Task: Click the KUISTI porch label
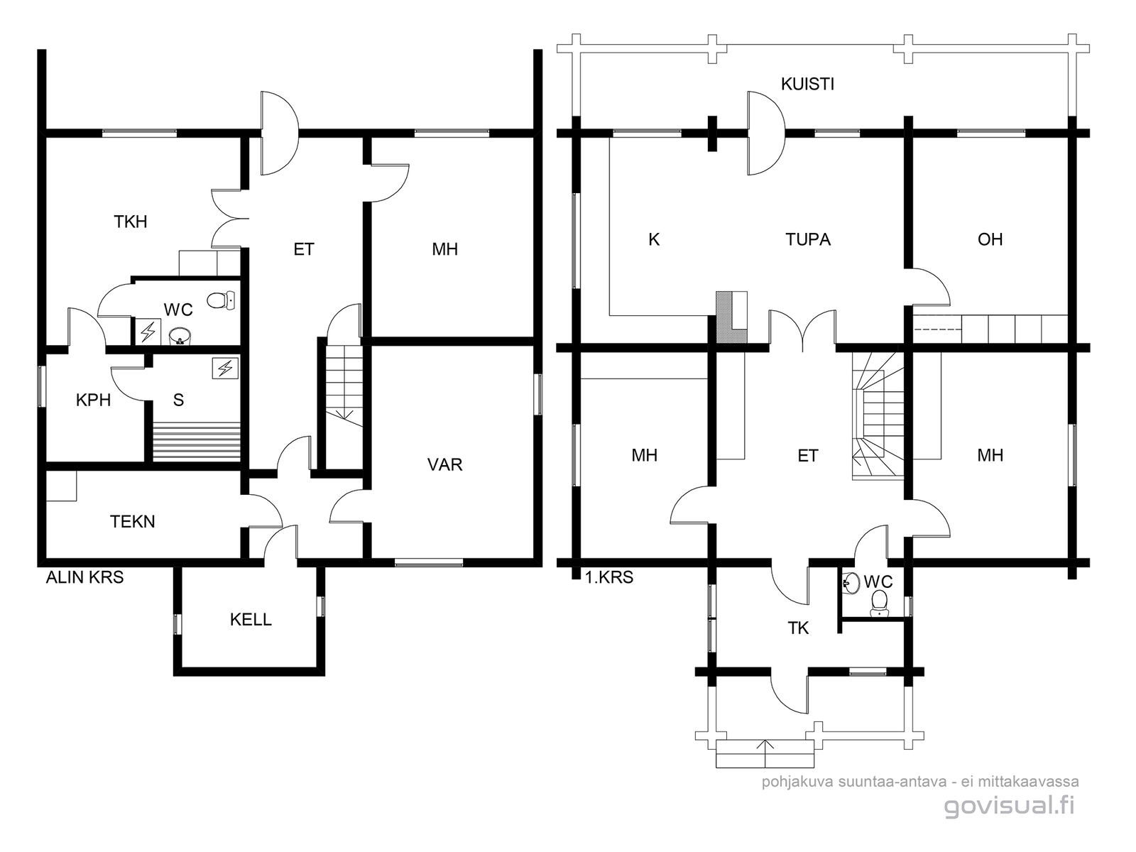pyautogui.click(x=807, y=84)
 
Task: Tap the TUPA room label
pyautogui.click(x=808, y=239)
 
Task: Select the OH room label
pyautogui.click(x=990, y=239)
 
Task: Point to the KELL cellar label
pyautogui.click(x=251, y=619)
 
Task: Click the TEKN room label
pyautogui.click(x=133, y=521)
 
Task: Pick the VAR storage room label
pyautogui.click(x=444, y=464)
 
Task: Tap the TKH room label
pyautogui.click(x=131, y=222)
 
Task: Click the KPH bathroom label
pyautogui.click(x=93, y=400)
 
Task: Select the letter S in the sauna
pyautogui.click(x=178, y=400)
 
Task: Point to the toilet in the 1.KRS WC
pyautogui.click(x=879, y=603)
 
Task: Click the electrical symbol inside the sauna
pyautogui.click(x=225, y=368)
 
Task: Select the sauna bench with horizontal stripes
pyautogui.click(x=197, y=442)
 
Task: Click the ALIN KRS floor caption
pyautogui.click(x=85, y=577)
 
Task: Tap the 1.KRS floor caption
pyautogui.click(x=609, y=577)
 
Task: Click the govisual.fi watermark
pyautogui.click(x=1009, y=805)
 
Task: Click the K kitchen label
pyautogui.click(x=654, y=239)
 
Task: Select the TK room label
pyautogui.click(x=798, y=628)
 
